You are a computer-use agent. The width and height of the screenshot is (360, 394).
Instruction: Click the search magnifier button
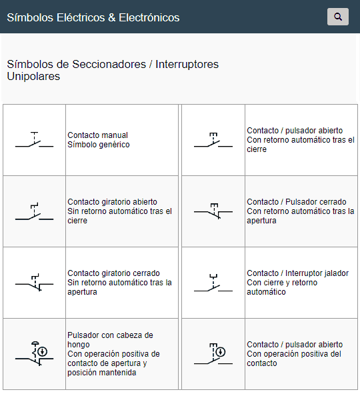coord(338,17)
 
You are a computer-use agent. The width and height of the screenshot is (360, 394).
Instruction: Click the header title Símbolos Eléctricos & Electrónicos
coord(93,17)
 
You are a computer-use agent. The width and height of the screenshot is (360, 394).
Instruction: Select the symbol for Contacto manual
coord(34,140)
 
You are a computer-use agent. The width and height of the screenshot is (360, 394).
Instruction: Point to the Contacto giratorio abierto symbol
coord(34,211)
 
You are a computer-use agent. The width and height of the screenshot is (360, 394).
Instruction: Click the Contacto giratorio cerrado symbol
coord(34,283)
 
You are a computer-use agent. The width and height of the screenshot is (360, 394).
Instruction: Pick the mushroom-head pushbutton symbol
coord(34,354)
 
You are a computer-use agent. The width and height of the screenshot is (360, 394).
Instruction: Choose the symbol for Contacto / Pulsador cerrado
coord(213,211)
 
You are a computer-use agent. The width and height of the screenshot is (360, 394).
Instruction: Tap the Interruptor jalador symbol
coord(213,283)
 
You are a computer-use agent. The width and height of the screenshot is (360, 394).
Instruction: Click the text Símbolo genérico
coord(99,145)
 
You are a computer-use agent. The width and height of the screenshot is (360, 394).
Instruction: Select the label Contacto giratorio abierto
coord(112,202)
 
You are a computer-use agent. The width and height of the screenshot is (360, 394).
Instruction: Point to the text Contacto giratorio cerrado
coord(113,273)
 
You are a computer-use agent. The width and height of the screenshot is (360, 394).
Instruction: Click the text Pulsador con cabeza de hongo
coord(111,340)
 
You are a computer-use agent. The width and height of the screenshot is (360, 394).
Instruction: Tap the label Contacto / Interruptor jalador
coord(298,273)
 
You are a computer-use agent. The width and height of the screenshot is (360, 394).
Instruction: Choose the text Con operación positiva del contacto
coord(294,359)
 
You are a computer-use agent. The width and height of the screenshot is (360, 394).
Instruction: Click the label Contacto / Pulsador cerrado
coord(297,202)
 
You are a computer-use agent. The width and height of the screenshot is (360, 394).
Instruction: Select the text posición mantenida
coord(101,373)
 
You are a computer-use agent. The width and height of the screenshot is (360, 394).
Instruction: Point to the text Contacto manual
coord(97,135)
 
